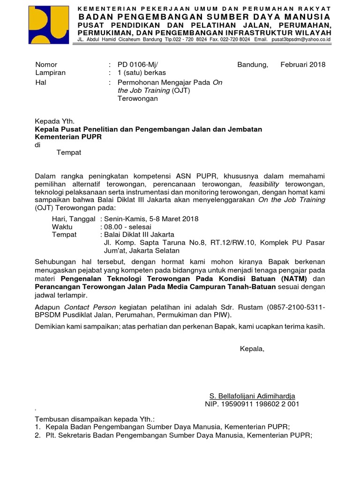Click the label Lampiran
(x=50, y=73)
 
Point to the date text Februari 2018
(x=303, y=65)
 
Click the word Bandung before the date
(x=253, y=65)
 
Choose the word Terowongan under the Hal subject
(x=137, y=99)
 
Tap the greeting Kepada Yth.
(x=55, y=120)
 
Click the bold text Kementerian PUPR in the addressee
(x=68, y=137)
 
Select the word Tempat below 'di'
(x=69, y=153)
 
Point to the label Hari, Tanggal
(x=74, y=219)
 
